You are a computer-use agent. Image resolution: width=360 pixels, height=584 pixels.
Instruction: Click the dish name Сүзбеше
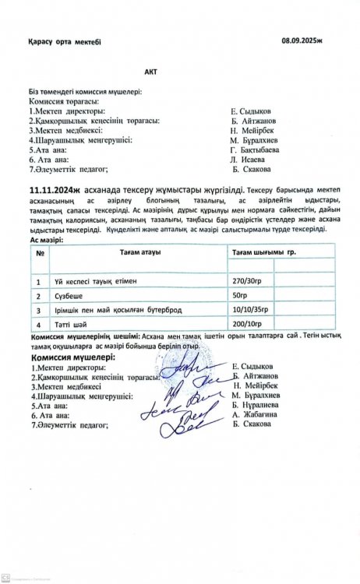click(69, 297)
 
